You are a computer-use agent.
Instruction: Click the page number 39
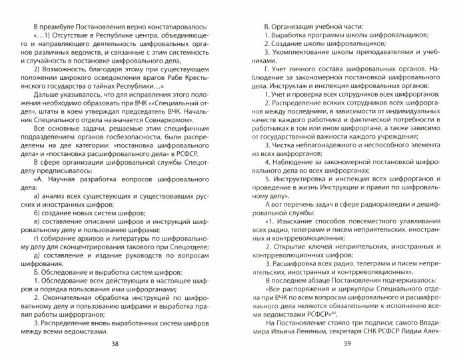pos(346,343)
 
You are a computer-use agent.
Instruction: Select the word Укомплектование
pos(304,53)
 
